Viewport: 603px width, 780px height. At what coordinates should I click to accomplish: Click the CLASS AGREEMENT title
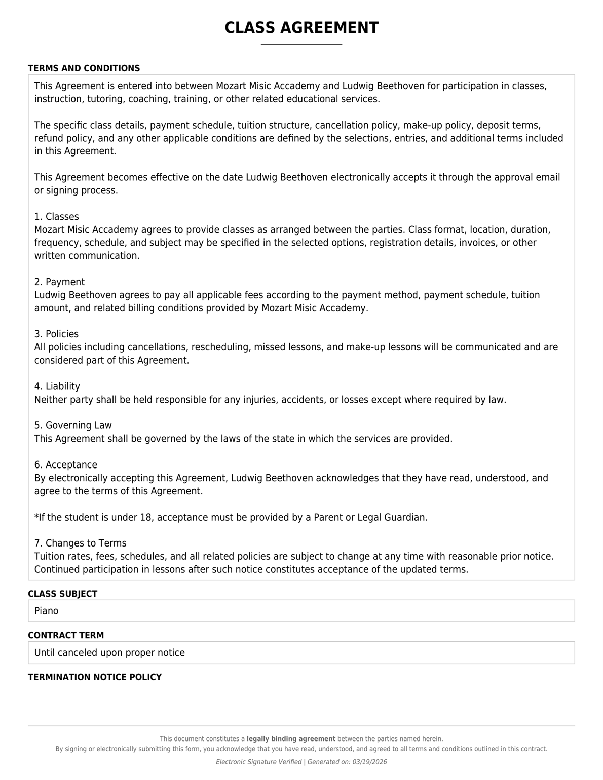(x=301, y=28)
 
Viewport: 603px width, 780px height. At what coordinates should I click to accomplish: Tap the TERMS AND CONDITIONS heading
(x=84, y=68)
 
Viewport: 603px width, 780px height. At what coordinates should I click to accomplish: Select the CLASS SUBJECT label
(x=62, y=594)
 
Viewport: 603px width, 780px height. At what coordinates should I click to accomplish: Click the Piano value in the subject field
(x=47, y=611)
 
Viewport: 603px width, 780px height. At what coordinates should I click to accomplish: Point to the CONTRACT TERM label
(x=66, y=635)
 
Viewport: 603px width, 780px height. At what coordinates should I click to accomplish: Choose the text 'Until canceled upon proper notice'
(x=109, y=652)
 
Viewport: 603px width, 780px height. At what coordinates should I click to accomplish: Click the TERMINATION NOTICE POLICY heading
(x=95, y=677)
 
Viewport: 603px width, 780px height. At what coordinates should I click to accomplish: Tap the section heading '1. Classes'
(x=57, y=217)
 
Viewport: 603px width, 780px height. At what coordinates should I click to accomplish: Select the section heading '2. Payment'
(x=59, y=282)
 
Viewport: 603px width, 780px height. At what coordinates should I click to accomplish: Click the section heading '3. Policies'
(x=56, y=334)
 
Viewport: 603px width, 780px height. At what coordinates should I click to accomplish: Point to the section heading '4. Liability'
(x=57, y=386)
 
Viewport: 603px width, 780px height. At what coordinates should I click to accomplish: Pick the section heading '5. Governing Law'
(x=73, y=425)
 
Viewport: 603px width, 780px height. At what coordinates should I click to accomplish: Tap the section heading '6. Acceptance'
(x=66, y=464)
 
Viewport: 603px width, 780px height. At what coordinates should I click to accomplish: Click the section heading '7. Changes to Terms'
(x=80, y=543)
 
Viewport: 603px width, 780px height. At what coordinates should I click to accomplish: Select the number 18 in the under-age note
(x=146, y=517)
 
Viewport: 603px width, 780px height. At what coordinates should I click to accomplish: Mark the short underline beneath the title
(x=301, y=44)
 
